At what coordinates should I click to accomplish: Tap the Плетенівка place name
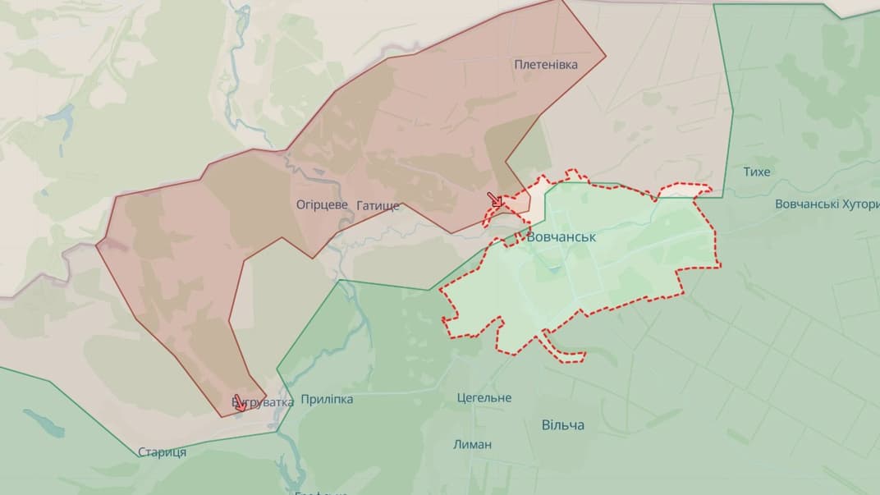[546, 64]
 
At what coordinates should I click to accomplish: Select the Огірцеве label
[323, 204]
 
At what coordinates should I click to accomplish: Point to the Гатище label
[378, 205]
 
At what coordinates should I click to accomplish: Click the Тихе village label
[756, 172]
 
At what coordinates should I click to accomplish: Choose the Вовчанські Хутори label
[827, 204]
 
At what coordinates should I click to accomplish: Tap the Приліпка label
[327, 399]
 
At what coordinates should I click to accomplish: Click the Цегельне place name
[484, 398]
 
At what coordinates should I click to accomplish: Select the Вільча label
[563, 424]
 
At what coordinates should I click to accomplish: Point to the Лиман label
[473, 444]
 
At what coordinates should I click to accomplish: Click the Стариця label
[162, 451]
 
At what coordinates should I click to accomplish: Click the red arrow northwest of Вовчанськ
[495, 199]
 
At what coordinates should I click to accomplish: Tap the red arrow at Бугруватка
[239, 402]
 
